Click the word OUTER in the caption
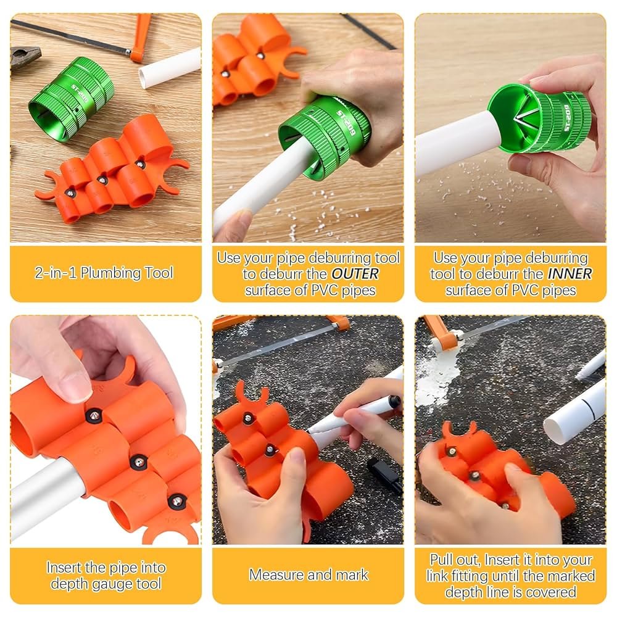pyautogui.click(x=355, y=274)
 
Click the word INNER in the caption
pyautogui.click(x=569, y=274)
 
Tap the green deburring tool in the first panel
pyautogui.click(x=71, y=98)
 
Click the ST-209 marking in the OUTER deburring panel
pyautogui.click(x=346, y=123)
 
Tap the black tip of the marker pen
pyautogui.click(x=394, y=402)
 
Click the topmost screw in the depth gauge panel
pyautogui.click(x=93, y=415)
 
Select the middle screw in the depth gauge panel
pyautogui.click(x=138, y=461)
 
